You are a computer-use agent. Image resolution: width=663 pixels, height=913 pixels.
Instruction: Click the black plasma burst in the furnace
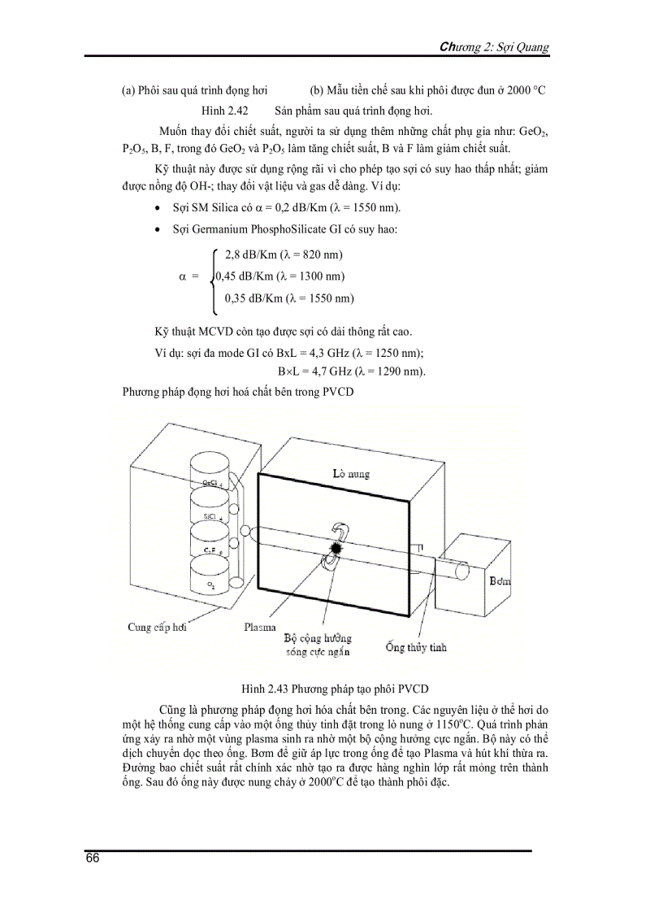(336, 550)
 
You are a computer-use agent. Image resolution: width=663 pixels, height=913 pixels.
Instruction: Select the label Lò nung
(350, 473)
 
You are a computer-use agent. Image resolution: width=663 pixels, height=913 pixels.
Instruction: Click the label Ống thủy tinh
(416, 648)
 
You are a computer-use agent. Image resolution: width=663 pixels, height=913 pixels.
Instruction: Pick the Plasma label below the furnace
(260, 627)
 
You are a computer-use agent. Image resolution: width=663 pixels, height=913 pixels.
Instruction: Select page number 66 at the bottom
(92, 860)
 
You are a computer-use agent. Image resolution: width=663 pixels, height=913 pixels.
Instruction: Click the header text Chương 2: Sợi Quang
(494, 47)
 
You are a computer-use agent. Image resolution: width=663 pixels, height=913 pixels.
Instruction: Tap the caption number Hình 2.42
(225, 111)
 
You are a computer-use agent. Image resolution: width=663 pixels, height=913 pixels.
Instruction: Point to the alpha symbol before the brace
(183, 276)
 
